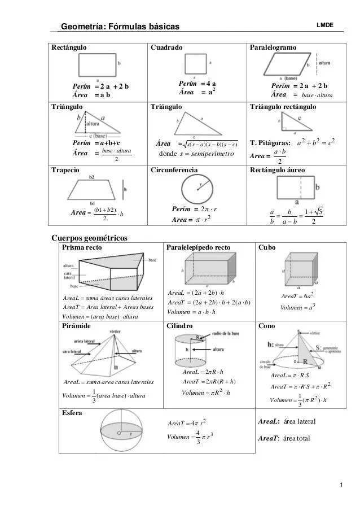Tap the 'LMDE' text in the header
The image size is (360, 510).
point(325,25)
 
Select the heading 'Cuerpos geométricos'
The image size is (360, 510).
point(90,238)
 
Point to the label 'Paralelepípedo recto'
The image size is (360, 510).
point(199,247)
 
